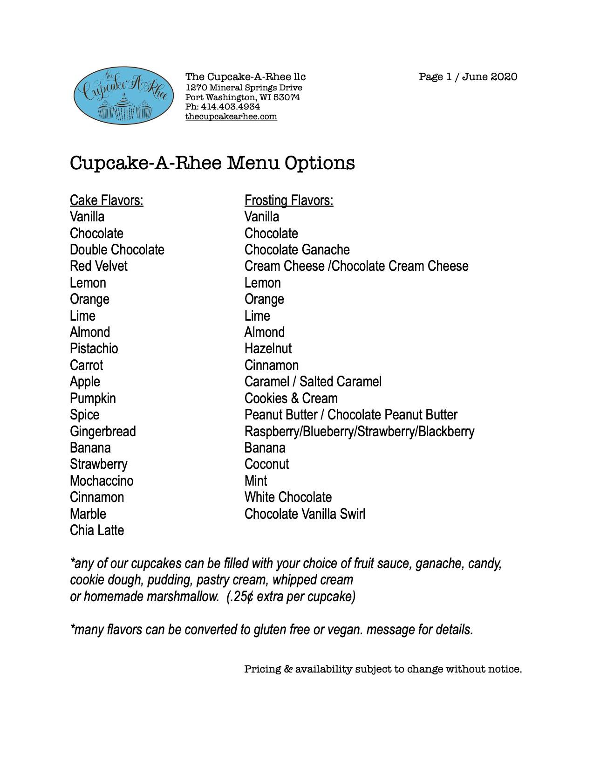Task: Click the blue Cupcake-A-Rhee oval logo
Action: pyautogui.click(x=123, y=95)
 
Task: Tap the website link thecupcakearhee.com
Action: pyautogui.click(x=231, y=117)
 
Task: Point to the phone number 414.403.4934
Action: pyautogui.click(x=230, y=107)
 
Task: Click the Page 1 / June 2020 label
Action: pyautogui.click(x=468, y=77)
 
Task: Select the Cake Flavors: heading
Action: pyautogui.click(x=106, y=200)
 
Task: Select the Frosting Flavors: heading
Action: pyautogui.click(x=289, y=200)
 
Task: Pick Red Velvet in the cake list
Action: pyautogui.click(x=98, y=266)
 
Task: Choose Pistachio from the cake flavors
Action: pyautogui.click(x=94, y=349)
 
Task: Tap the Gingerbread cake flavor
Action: pyautogui.click(x=102, y=431)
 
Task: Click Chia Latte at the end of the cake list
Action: pyautogui.click(x=97, y=530)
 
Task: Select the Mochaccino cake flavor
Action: pyautogui.click(x=102, y=481)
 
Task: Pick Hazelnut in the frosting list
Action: pyautogui.click(x=268, y=349)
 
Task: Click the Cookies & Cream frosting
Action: pyautogui.click(x=291, y=398)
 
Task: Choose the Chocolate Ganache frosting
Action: pyautogui.click(x=297, y=250)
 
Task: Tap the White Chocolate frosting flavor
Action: pyautogui.click(x=288, y=497)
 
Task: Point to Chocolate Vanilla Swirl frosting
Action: pyautogui.click(x=305, y=514)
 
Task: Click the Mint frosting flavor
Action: pyautogui.click(x=256, y=481)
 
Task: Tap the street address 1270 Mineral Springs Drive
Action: pyautogui.click(x=244, y=88)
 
